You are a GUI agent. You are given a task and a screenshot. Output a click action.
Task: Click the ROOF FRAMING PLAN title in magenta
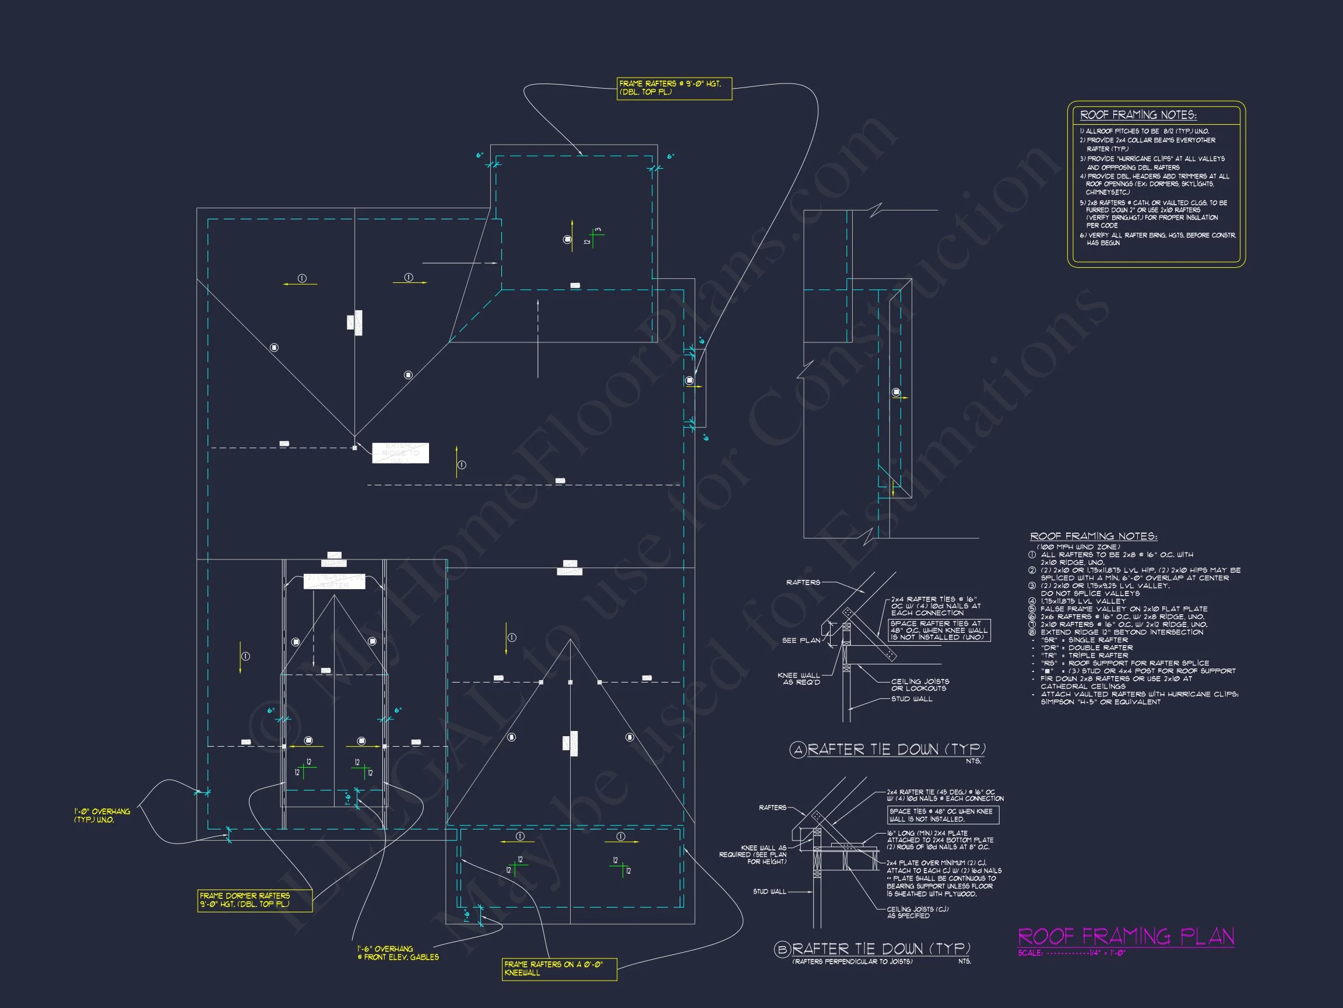coord(1126,936)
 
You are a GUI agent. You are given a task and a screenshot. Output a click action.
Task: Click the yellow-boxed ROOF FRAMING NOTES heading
coord(1138,115)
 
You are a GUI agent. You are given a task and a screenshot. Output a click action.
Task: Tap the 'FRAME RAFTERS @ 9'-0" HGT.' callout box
coord(674,88)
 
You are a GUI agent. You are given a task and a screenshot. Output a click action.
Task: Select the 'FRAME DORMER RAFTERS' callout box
coord(254,900)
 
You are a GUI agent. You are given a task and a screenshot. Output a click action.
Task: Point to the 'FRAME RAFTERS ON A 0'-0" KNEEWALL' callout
coord(559,968)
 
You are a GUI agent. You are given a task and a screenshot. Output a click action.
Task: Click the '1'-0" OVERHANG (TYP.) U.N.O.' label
coord(102,815)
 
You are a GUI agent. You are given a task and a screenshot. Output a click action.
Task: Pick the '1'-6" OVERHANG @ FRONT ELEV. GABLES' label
coord(398,953)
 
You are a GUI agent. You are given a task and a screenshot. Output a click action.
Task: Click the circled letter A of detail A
coord(798,750)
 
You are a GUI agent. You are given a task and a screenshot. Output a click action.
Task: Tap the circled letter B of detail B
coord(783,949)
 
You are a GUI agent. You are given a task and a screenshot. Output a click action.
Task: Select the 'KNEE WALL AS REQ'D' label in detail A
coord(799,678)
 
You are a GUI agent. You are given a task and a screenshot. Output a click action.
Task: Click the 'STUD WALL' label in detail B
coord(769,891)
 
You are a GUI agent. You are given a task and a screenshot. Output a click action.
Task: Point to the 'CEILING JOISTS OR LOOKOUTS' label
coord(919,685)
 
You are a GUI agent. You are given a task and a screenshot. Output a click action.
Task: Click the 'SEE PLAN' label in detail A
coord(801,640)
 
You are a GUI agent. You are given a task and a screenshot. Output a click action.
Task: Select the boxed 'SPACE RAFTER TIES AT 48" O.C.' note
coord(939,630)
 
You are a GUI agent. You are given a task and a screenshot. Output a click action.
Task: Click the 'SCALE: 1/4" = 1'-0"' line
coord(1071,953)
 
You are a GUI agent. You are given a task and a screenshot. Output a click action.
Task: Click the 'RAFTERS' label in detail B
coord(772,807)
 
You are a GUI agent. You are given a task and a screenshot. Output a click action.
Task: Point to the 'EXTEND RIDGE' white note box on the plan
coord(400,453)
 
